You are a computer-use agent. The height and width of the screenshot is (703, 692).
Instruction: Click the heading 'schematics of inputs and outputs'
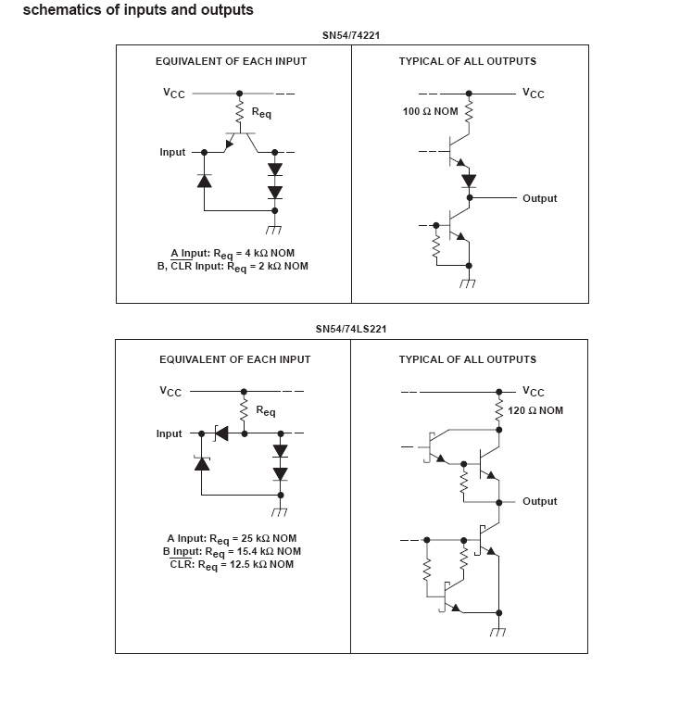(x=138, y=11)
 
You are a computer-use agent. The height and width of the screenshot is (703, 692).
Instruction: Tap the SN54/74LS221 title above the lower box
(x=350, y=329)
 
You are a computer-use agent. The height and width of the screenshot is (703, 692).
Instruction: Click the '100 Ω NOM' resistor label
(x=430, y=111)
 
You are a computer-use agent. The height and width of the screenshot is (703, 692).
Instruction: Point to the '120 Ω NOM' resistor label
(x=535, y=410)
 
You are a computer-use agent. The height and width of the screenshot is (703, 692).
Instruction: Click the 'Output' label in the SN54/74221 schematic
(x=539, y=198)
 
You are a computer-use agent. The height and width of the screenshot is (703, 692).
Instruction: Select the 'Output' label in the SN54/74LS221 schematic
(x=539, y=501)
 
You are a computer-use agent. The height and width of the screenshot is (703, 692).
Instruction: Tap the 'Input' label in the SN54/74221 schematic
(x=172, y=152)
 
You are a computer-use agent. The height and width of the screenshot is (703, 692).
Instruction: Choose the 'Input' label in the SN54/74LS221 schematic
(x=170, y=433)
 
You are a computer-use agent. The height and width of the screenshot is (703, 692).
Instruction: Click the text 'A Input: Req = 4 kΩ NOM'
(x=233, y=254)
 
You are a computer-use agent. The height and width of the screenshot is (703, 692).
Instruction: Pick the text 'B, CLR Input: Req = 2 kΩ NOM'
(x=233, y=267)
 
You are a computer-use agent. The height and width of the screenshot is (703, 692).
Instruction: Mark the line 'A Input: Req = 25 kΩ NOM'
(x=232, y=539)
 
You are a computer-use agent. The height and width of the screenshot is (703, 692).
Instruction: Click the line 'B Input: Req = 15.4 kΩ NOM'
(x=232, y=552)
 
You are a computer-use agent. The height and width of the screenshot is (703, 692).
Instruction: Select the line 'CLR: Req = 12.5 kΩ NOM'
(x=232, y=564)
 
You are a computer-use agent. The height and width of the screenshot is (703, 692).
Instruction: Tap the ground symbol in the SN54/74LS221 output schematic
(x=498, y=632)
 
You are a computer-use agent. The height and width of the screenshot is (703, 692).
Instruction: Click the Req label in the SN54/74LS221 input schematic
(x=265, y=410)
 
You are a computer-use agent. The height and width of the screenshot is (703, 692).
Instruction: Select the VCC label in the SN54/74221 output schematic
(x=533, y=94)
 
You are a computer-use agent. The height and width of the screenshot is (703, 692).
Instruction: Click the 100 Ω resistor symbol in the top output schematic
(x=469, y=112)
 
